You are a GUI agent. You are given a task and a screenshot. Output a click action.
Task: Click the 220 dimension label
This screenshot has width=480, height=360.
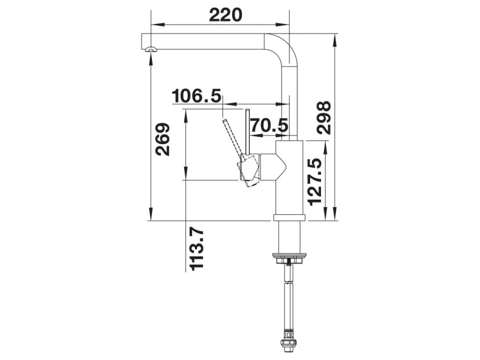[x=226, y=16]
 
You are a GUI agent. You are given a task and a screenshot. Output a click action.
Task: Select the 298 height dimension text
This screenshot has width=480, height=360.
[x=324, y=118]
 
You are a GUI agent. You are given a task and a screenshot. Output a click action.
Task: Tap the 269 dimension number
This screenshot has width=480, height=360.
[x=163, y=139]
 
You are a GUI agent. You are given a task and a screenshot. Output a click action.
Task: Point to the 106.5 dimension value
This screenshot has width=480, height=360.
[x=196, y=96]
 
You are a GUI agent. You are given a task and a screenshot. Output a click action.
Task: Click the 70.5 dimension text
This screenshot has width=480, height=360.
[x=269, y=125]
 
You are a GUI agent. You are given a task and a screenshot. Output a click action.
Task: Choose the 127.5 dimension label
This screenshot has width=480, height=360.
[x=316, y=182]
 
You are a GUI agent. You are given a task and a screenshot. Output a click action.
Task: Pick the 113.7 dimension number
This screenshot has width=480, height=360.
[x=196, y=249]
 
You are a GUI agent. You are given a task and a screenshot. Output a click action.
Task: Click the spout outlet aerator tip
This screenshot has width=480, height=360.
[x=151, y=50]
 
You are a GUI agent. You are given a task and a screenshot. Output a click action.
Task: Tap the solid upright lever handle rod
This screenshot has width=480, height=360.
[x=248, y=131]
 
